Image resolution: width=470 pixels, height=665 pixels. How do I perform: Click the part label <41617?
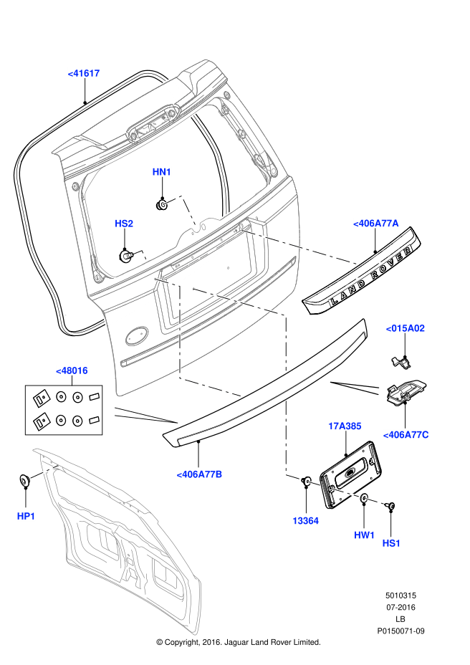[84, 73]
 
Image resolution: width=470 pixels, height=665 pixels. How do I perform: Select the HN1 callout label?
[162, 172]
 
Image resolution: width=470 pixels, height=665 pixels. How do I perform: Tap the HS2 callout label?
[124, 224]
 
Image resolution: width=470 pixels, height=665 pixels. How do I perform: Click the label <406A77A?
[375, 224]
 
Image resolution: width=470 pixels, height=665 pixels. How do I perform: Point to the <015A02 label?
[406, 328]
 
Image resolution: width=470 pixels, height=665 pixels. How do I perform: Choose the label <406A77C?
[406, 434]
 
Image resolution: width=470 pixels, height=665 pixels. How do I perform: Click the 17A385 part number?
[345, 426]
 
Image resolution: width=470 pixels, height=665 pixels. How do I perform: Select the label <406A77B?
[199, 474]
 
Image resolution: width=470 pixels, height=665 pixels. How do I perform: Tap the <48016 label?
[72, 370]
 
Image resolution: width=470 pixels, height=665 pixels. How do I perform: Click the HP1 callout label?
[26, 516]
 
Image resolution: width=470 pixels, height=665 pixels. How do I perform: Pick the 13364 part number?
[305, 521]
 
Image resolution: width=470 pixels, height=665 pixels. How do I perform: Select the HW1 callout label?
[364, 535]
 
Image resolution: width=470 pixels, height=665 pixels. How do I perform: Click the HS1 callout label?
[391, 543]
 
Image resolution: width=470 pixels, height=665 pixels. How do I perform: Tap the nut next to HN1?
[163, 205]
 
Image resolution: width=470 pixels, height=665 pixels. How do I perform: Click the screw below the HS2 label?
[125, 254]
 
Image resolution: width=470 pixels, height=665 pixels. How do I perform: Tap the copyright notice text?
[238, 642]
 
